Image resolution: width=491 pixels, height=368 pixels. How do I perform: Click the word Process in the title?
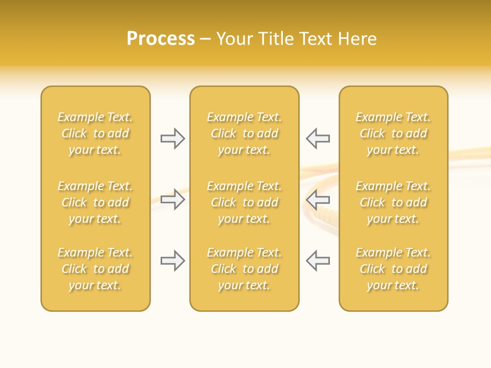[161, 39]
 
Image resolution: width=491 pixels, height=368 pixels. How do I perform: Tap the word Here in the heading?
[358, 39]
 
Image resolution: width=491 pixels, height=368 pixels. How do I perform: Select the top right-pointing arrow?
[173, 139]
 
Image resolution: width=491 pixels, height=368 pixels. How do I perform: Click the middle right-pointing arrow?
[173, 199]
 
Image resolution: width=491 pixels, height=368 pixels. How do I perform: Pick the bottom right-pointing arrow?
[173, 261]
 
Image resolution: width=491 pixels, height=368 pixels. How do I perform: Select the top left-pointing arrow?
[318, 139]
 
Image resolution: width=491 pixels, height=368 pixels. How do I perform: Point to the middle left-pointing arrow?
[318, 199]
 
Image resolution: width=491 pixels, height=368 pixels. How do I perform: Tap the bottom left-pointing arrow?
[318, 261]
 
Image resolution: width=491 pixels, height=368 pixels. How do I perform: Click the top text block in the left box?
[95, 133]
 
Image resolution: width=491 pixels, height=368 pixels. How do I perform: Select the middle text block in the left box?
[95, 202]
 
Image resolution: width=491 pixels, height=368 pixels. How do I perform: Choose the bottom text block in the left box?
[95, 269]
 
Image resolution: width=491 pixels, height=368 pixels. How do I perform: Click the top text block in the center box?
[244, 133]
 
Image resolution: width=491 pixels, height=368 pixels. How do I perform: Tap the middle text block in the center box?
[244, 202]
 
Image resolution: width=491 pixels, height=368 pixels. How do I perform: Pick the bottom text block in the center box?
[244, 269]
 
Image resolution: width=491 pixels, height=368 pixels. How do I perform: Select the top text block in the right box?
[393, 133]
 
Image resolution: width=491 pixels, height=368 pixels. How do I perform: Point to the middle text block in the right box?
[393, 202]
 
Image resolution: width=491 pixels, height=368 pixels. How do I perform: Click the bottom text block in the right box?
[393, 269]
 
